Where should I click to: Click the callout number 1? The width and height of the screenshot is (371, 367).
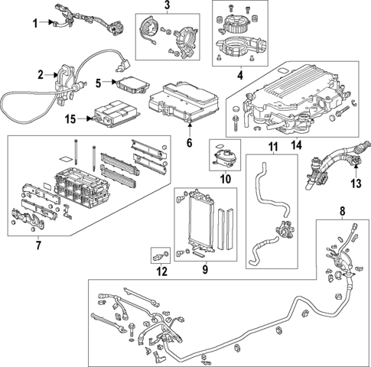click(34, 24)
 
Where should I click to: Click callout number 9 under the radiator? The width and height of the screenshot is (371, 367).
click(203, 268)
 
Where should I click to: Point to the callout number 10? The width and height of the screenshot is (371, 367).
click(225, 179)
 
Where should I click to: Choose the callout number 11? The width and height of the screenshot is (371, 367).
click(270, 146)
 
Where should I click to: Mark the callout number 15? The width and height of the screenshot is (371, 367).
click(70, 119)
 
